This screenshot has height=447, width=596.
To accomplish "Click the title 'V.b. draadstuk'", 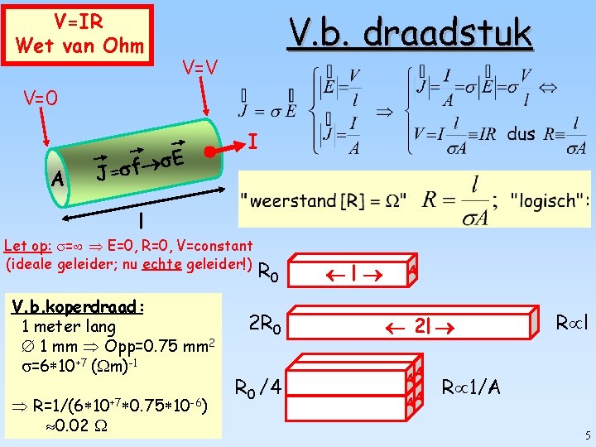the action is pos(409,33).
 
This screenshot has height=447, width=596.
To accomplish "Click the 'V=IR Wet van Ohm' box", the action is pos(79,33).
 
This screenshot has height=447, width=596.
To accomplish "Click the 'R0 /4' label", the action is pos(259,387).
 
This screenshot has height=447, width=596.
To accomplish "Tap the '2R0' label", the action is pos(266,328).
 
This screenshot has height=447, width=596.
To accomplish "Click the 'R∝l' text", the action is pos(572,320).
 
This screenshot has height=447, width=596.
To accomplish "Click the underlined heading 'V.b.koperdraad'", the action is pos(78,306).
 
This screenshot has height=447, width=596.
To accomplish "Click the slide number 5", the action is pos(587,435).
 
